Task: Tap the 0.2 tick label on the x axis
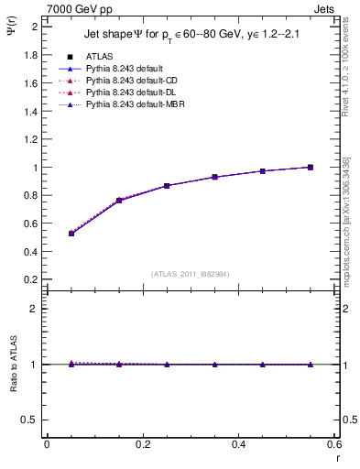point(142,444)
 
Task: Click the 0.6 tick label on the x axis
point(334,444)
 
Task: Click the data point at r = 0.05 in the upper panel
point(71,234)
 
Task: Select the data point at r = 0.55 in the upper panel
point(311,167)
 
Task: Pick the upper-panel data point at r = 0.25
point(167,186)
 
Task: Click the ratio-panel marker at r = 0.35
point(215,365)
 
